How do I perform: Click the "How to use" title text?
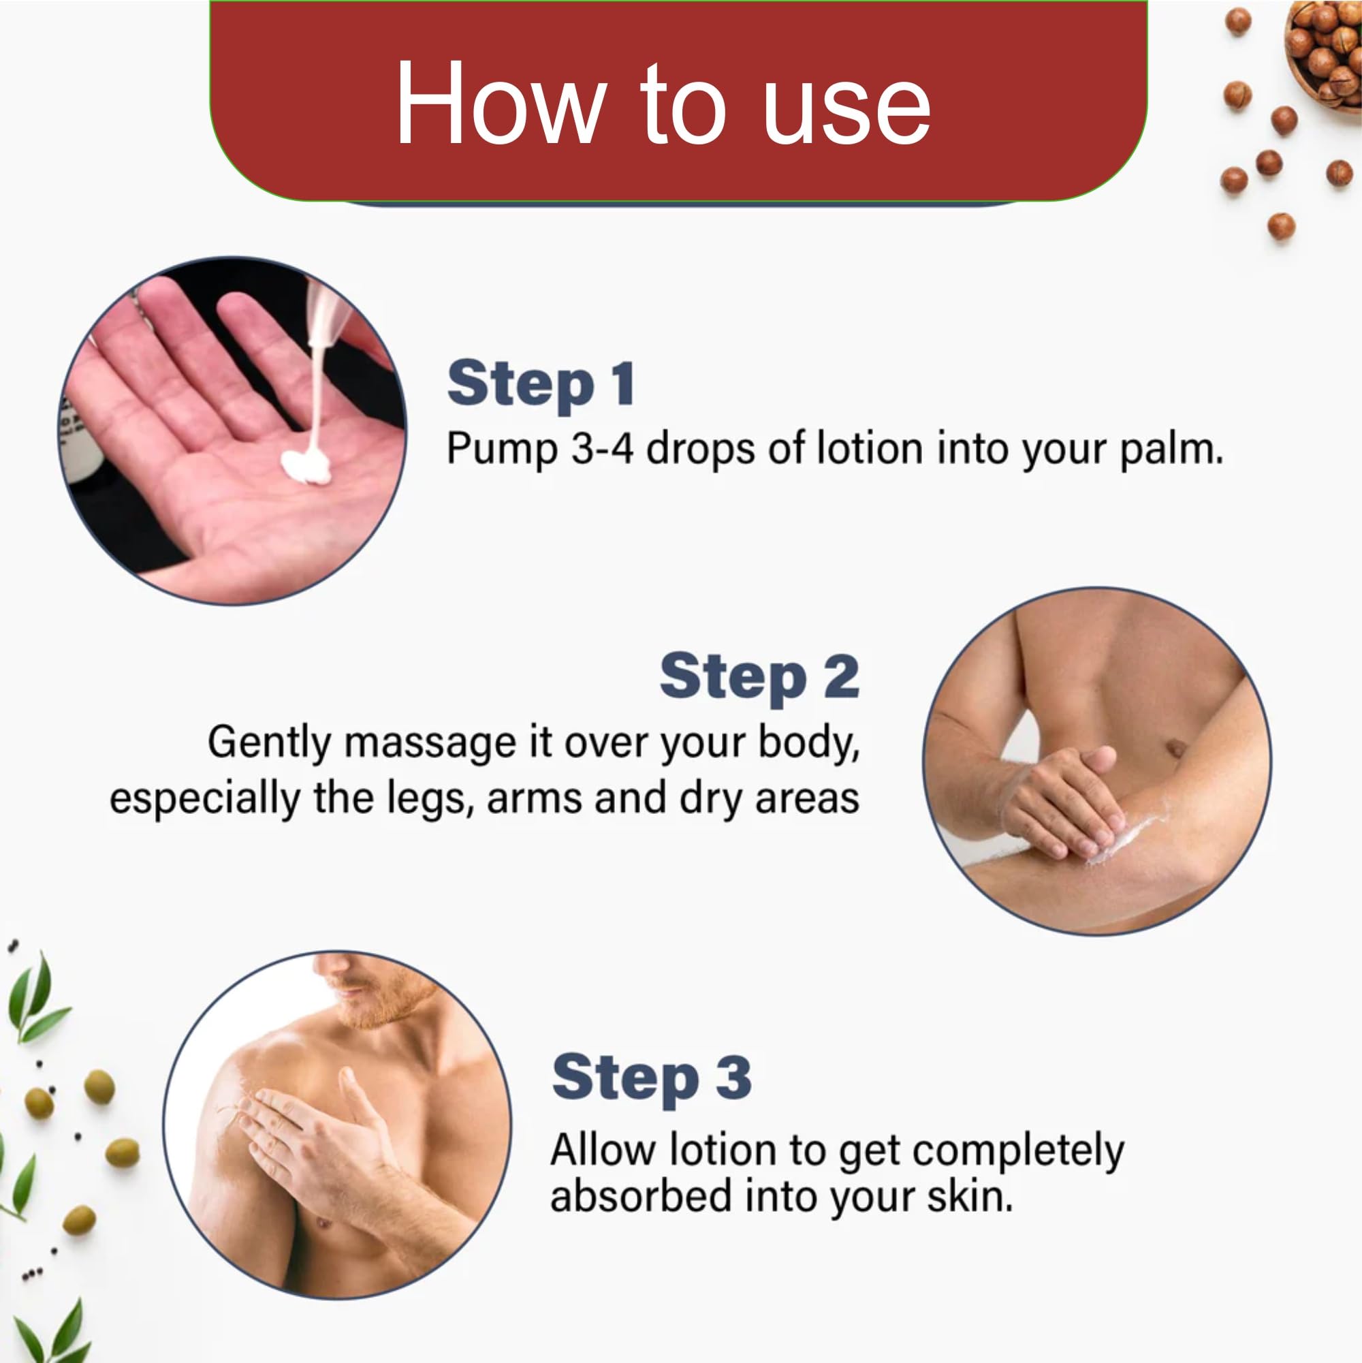pos(663,104)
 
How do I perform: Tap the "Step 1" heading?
pos(541,384)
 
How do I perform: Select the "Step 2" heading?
pos(759,677)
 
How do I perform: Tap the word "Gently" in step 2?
pos(269,744)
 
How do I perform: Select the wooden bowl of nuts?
pos(1325,53)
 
